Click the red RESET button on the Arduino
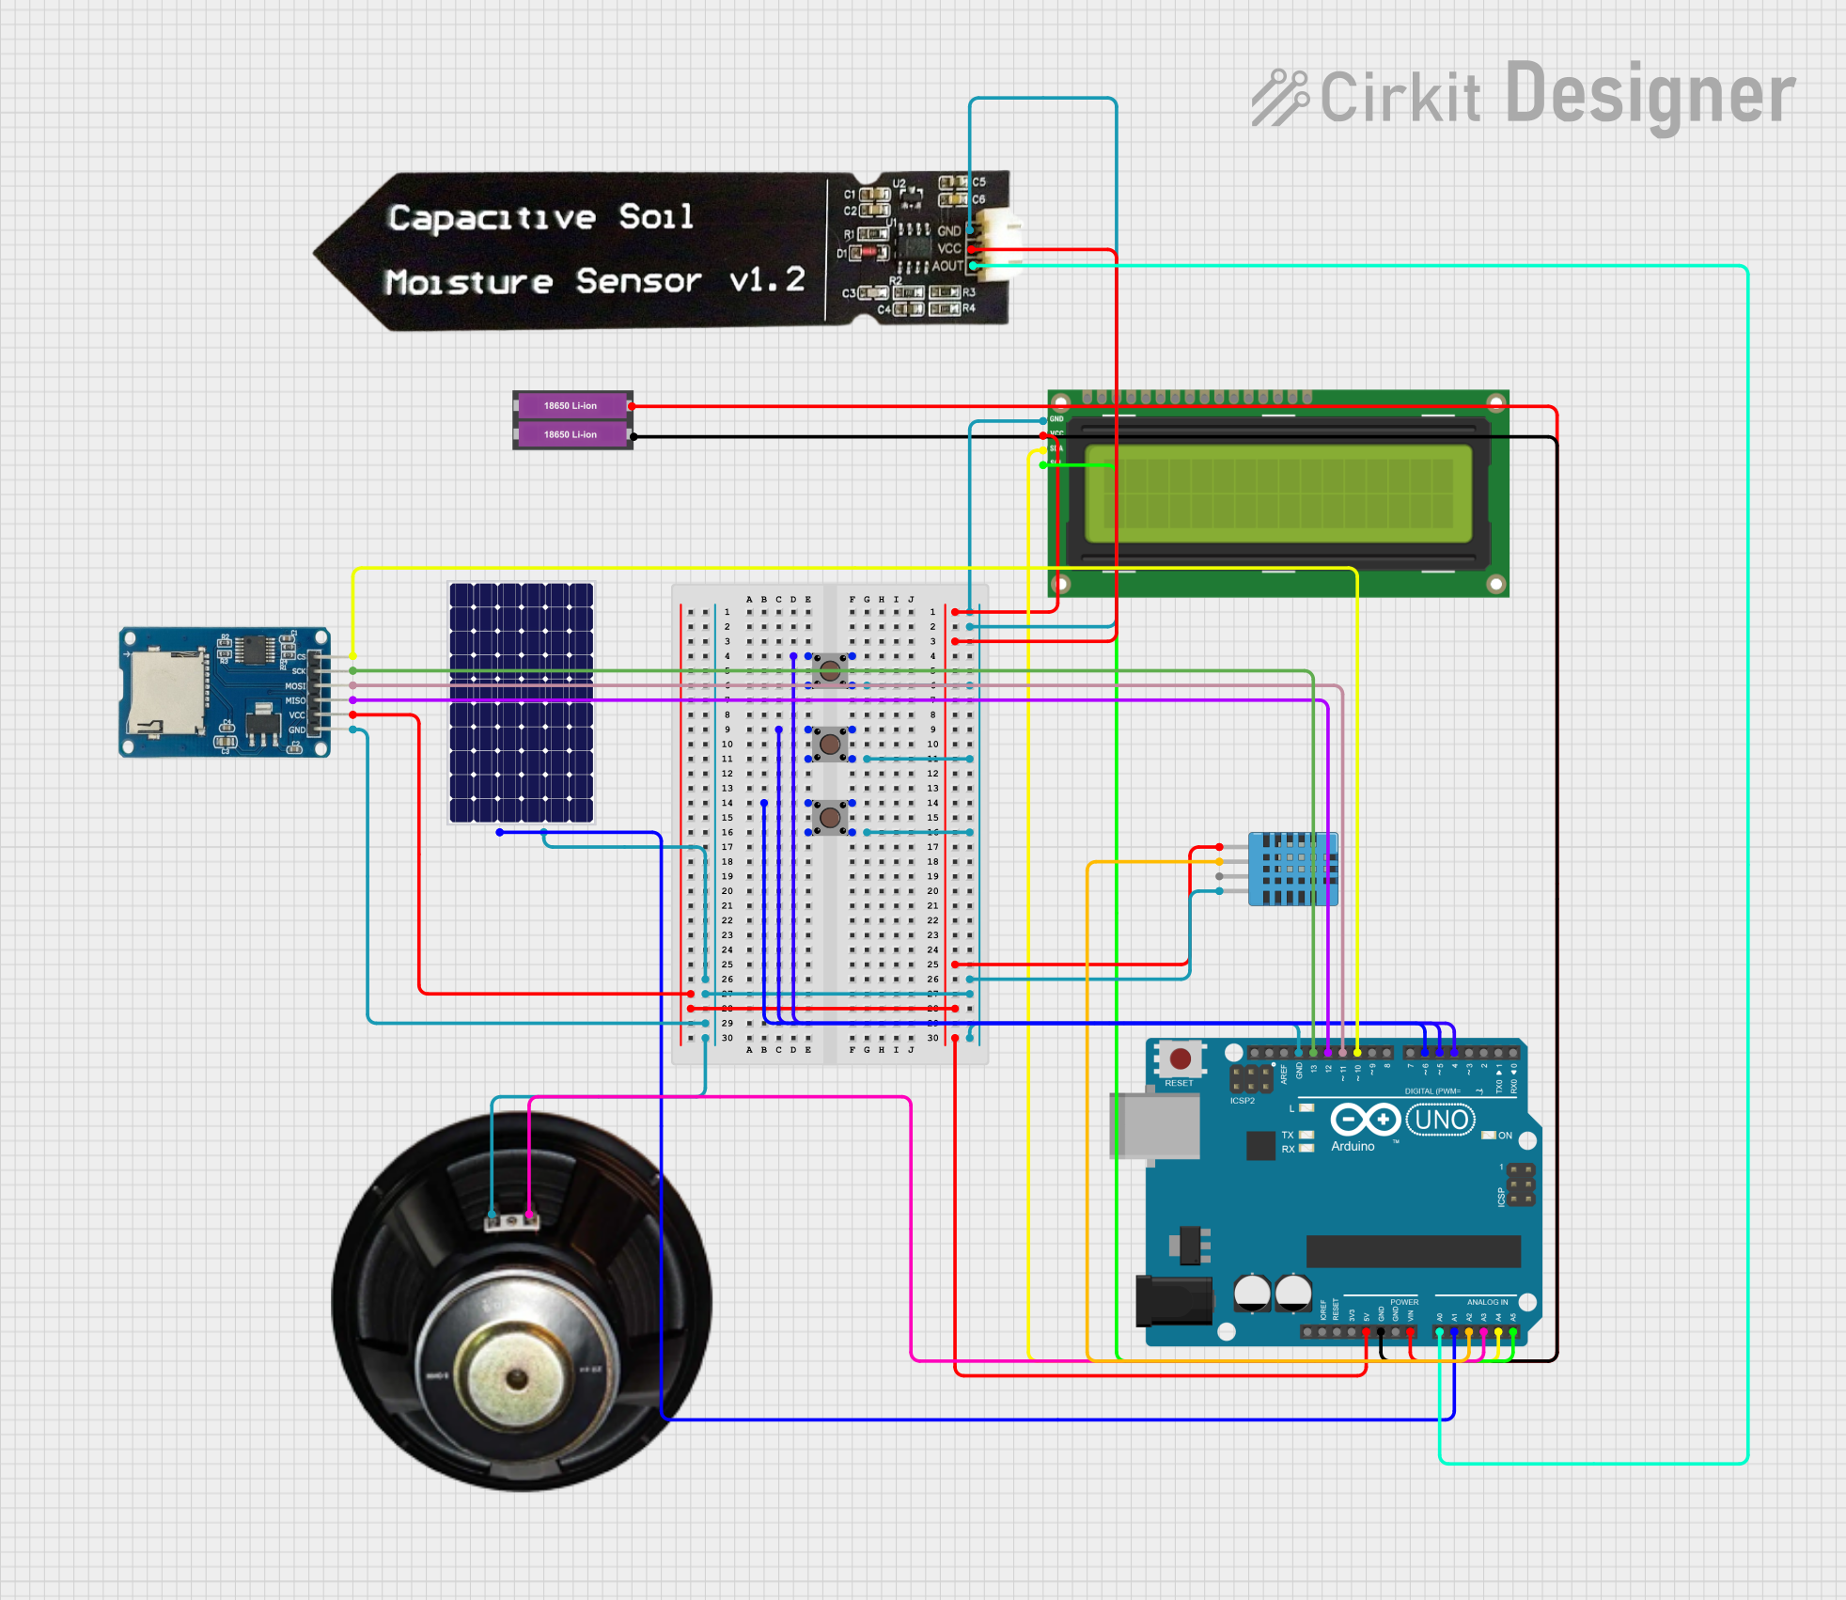(x=1181, y=1059)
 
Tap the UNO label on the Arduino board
(x=1441, y=1120)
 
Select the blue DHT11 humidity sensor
(x=1292, y=869)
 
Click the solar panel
(x=522, y=702)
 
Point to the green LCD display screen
(x=1278, y=494)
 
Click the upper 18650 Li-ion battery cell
(x=571, y=406)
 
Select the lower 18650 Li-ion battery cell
(x=571, y=434)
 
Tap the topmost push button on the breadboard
(x=830, y=670)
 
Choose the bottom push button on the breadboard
(x=830, y=818)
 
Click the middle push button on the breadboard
(x=830, y=745)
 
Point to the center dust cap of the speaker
(x=515, y=1378)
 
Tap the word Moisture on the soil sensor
(x=469, y=282)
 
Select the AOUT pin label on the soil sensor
(x=946, y=266)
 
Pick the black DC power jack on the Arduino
(x=1173, y=1299)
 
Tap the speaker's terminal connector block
(x=512, y=1221)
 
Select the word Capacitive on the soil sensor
(x=492, y=218)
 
